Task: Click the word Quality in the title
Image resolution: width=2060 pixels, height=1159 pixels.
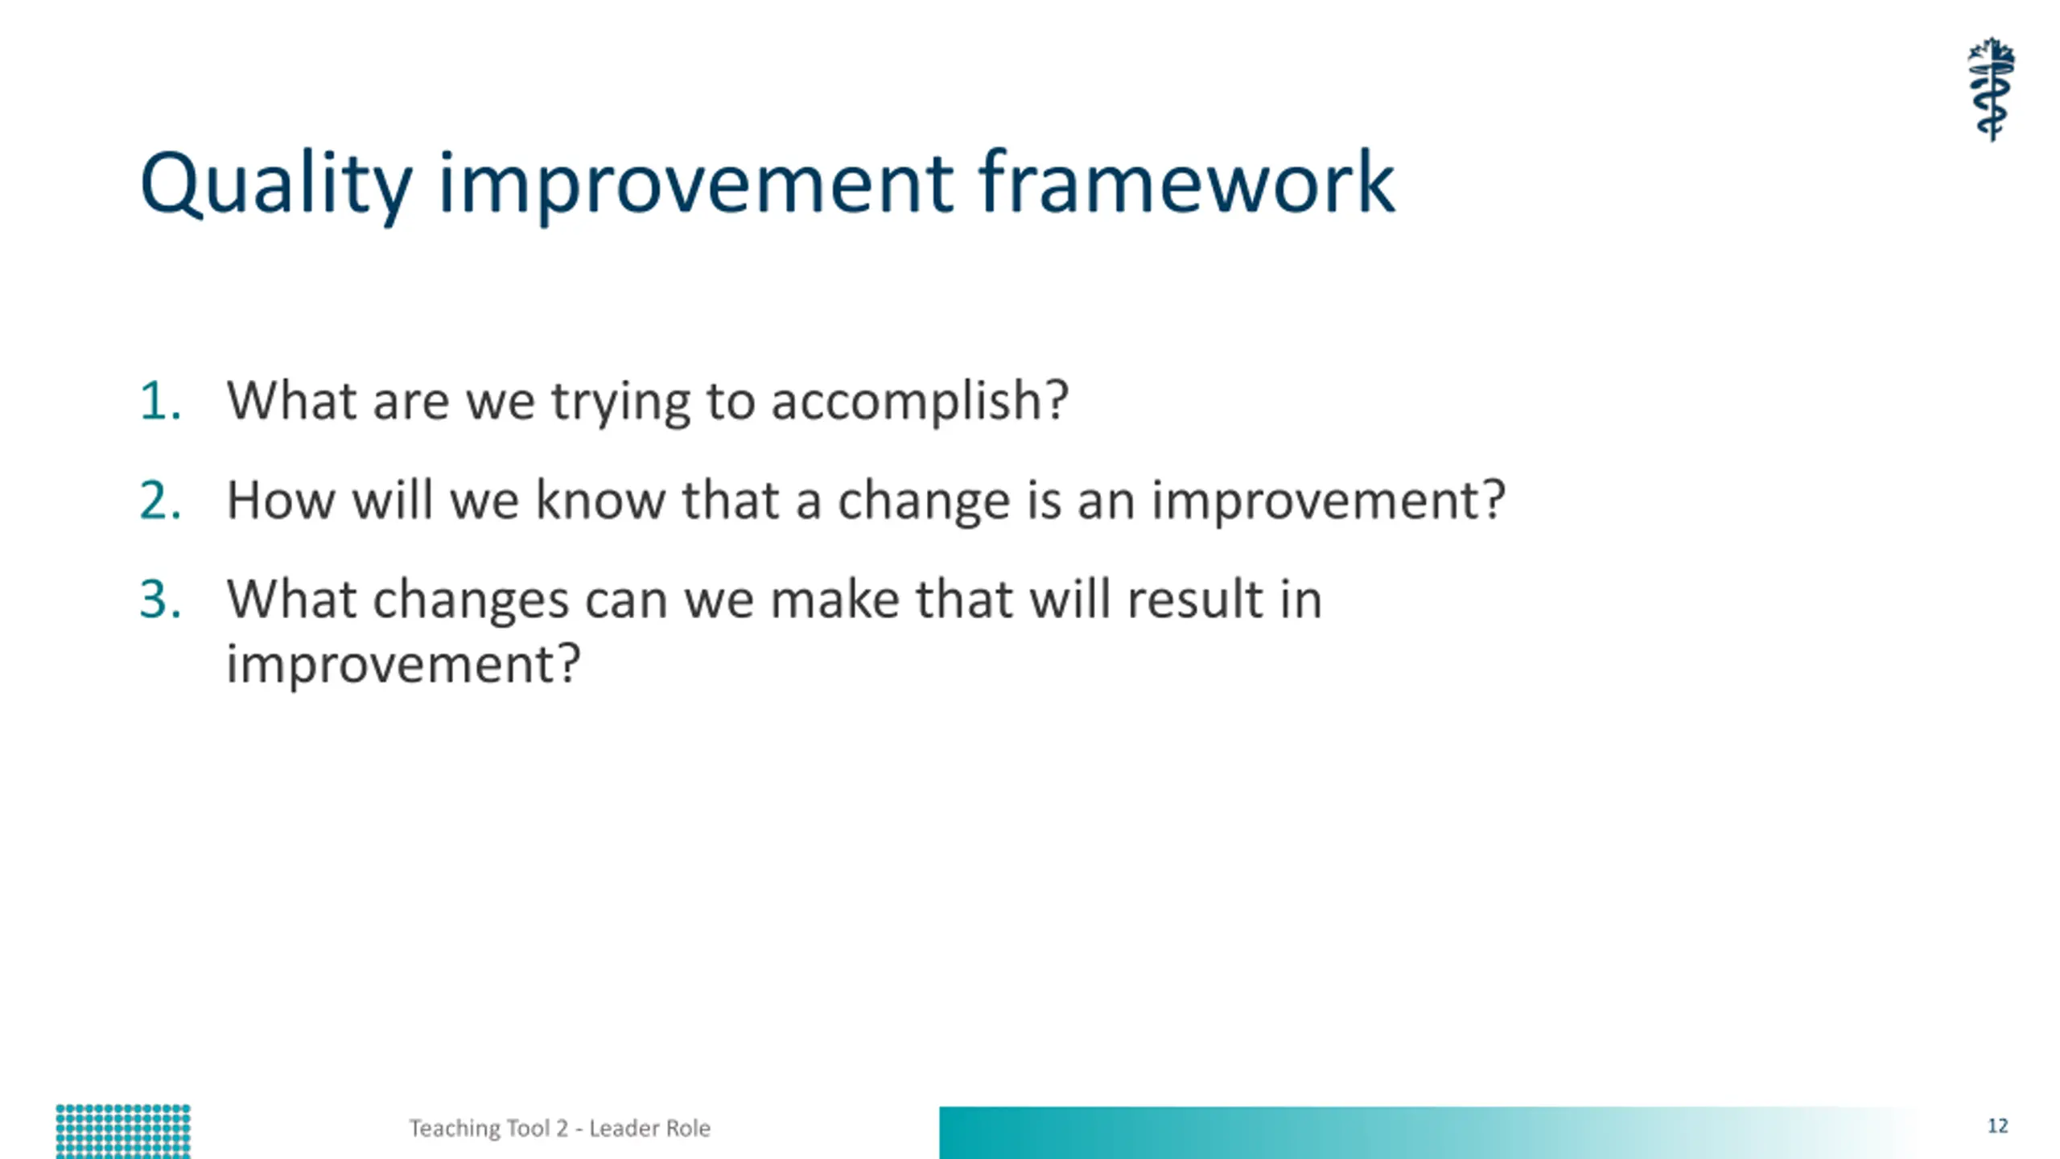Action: click(276, 185)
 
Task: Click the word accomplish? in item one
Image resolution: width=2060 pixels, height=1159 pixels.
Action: click(920, 402)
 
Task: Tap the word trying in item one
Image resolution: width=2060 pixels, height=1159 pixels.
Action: click(620, 403)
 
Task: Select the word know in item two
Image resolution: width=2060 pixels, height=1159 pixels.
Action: click(601, 500)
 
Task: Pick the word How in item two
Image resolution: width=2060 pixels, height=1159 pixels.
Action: click(281, 500)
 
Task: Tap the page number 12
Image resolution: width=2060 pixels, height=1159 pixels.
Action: click(1997, 1126)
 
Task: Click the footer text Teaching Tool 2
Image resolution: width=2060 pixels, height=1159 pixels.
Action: click(489, 1128)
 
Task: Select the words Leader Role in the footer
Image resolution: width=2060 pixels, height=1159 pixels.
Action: click(650, 1128)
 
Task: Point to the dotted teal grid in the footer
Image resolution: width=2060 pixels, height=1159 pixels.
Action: click(123, 1132)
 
